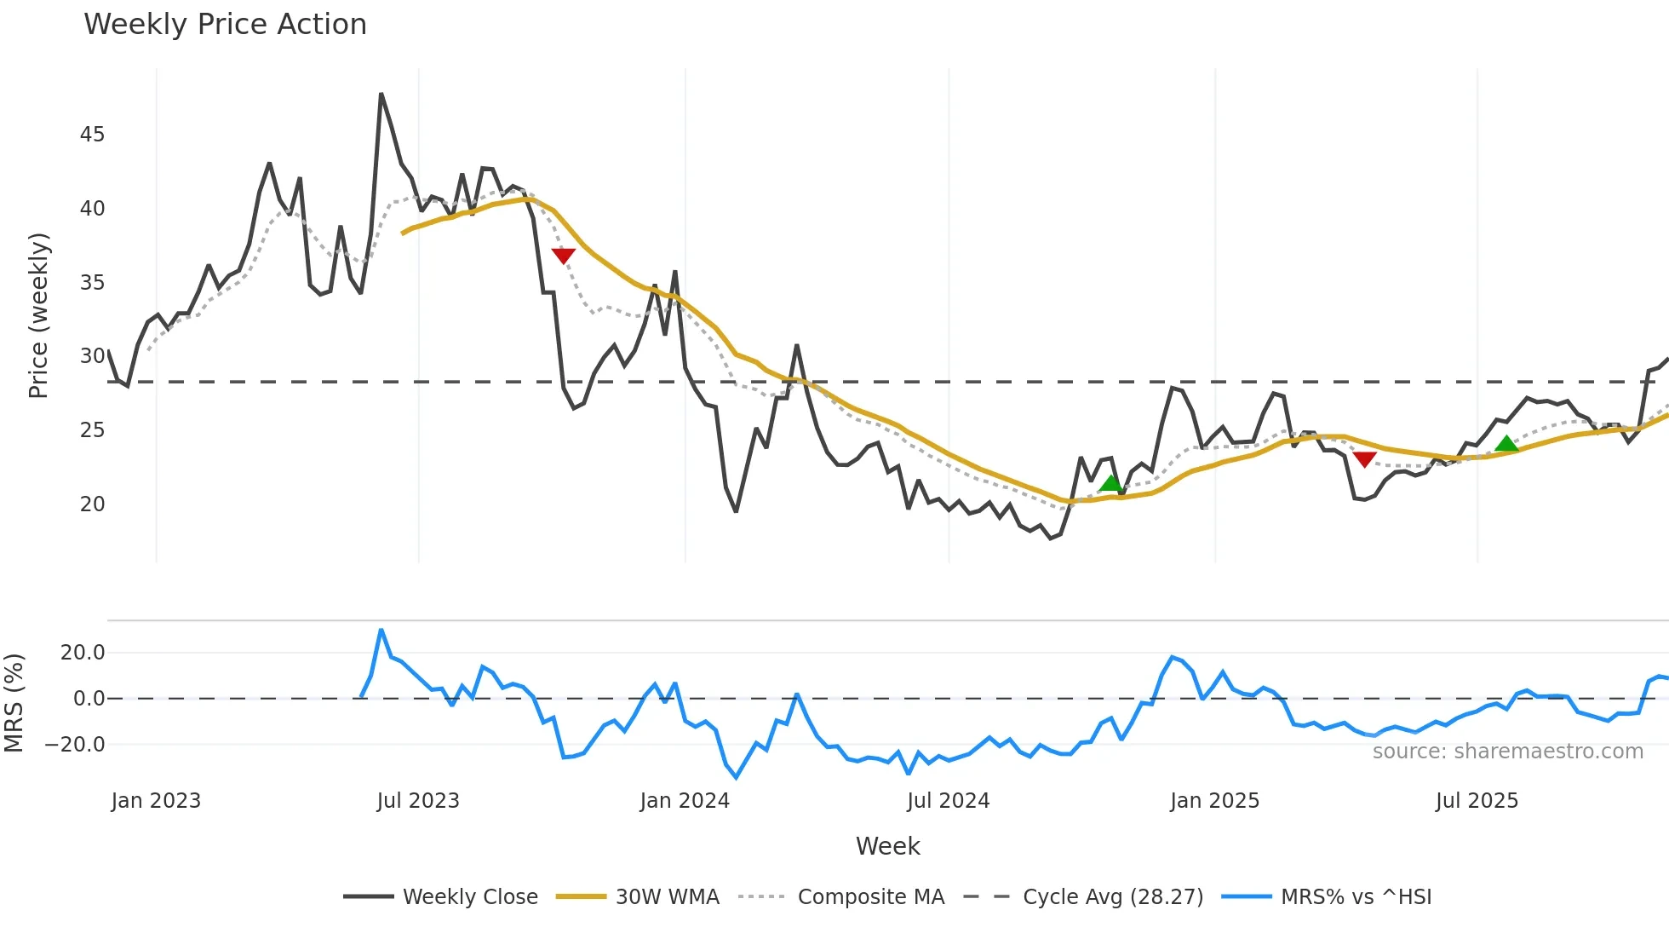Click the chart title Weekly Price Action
pyautogui.click(x=225, y=25)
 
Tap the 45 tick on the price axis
pyautogui.click(x=92, y=135)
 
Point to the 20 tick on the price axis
pyautogui.click(x=92, y=504)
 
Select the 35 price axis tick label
pyautogui.click(x=92, y=283)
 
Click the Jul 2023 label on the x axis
pyautogui.click(x=418, y=801)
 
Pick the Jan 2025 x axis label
pyautogui.click(x=1214, y=801)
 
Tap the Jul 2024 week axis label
pyautogui.click(x=949, y=801)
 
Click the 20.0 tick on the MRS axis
pyautogui.click(x=83, y=653)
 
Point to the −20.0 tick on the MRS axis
pyautogui.click(x=75, y=745)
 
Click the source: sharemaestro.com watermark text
pyautogui.click(x=1507, y=752)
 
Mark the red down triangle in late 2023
pyautogui.click(x=563, y=256)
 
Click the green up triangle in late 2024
pyautogui.click(x=1111, y=484)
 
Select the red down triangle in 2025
pyautogui.click(x=1364, y=459)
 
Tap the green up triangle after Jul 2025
pyautogui.click(x=1506, y=443)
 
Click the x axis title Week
pyautogui.click(x=887, y=846)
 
